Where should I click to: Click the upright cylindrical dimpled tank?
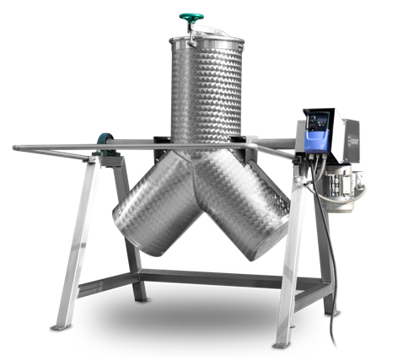[207, 93]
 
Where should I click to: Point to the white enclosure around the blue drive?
[332, 135]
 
